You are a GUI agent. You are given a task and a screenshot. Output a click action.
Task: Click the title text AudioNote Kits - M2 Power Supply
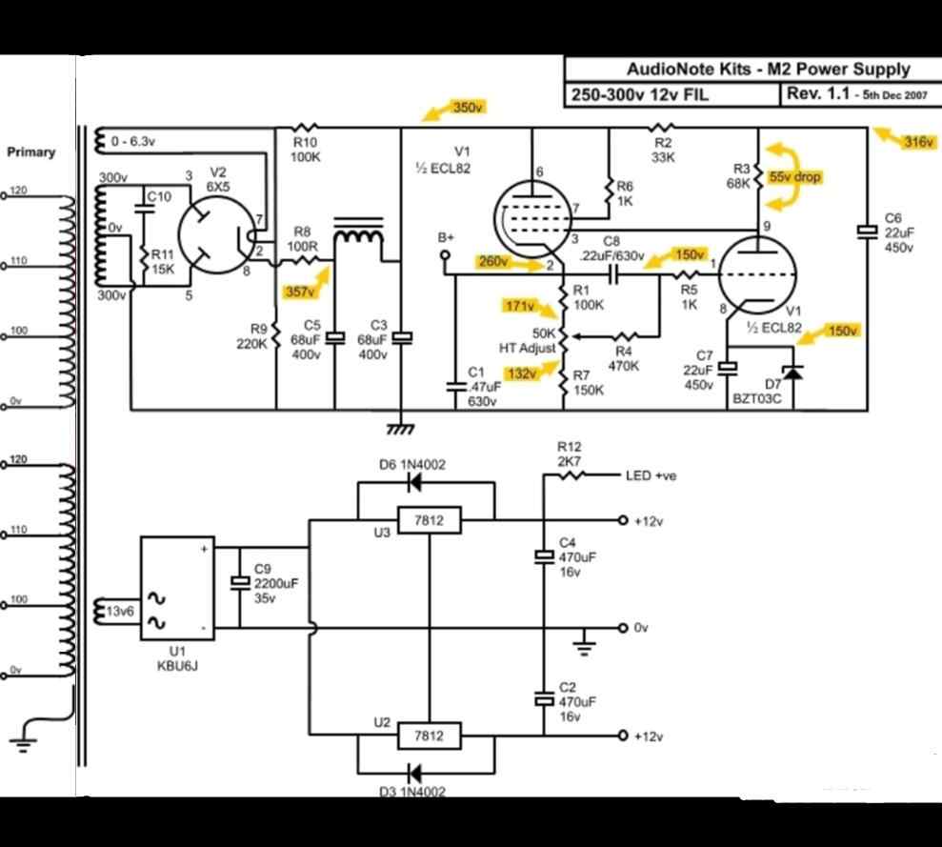[768, 70]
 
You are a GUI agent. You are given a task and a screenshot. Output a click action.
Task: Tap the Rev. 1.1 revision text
[816, 94]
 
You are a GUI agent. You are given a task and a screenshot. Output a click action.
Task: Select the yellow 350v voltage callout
[468, 108]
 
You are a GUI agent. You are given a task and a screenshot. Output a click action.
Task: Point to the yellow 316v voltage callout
[917, 142]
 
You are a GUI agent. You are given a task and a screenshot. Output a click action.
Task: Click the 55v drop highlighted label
[794, 177]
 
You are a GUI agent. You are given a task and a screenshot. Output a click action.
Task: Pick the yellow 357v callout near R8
[298, 292]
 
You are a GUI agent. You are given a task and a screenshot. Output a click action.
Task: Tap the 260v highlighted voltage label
[492, 262]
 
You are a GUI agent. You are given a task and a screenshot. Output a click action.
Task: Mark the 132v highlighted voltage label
[521, 373]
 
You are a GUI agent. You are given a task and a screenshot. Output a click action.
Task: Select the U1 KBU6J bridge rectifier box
[177, 588]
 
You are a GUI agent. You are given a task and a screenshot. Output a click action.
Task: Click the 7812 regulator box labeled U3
[430, 520]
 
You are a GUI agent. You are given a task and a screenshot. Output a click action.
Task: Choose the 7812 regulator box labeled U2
[430, 736]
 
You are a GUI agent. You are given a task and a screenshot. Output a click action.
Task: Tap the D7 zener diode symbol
[788, 371]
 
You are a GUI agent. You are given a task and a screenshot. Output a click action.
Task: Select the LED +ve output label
[651, 475]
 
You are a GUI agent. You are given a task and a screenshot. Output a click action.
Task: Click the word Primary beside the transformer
[31, 151]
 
